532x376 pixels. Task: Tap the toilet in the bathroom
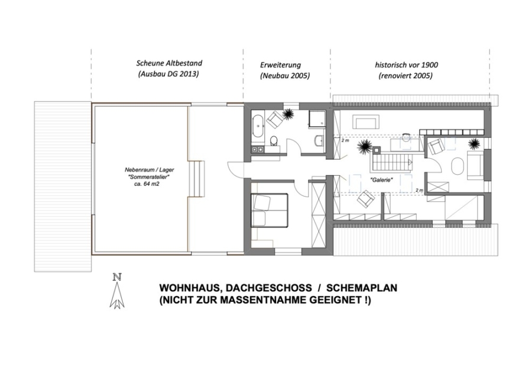click(273, 140)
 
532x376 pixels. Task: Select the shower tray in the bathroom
click(317, 120)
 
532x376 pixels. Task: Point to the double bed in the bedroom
click(270, 210)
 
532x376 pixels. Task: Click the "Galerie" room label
click(381, 180)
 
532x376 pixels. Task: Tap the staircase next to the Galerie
click(393, 162)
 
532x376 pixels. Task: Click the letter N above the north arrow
click(118, 277)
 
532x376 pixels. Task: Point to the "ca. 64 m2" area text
click(147, 185)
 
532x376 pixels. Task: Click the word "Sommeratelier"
click(149, 177)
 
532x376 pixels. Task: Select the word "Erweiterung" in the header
click(280, 65)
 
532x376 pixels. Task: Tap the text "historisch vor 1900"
click(406, 65)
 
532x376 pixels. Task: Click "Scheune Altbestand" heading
click(169, 63)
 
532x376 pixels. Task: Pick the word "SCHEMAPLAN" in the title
click(362, 288)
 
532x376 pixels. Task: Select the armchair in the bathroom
click(274, 120)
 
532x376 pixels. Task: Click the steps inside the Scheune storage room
click(197, 178)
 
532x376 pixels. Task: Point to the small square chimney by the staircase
click(377, 149)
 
